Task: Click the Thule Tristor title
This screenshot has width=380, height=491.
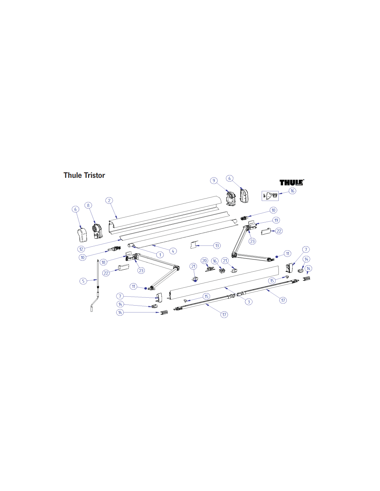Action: (x=84, y=175)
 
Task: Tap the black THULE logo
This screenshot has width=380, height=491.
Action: (x=292, y=182)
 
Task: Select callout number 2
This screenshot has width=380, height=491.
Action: (x=109, y=200)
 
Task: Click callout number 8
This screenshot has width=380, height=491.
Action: (x=88, y=205)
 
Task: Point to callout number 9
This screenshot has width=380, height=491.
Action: (x=213, y=181)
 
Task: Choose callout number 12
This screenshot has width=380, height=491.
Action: (x=81, y=249)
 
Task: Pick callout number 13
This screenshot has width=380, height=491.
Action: (x=217, y=246)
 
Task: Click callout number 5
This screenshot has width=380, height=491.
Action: (x=83, y=281)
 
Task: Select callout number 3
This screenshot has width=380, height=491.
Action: (x=249, y=301)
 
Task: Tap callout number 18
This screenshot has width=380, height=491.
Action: (x=104, y=262)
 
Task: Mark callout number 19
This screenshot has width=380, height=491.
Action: (x=276, y=220)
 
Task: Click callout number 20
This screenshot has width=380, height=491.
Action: (x=205, y=261)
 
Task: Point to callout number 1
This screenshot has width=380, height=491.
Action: (x=160, y=255)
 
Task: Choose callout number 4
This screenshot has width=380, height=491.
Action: (x=173, y=251)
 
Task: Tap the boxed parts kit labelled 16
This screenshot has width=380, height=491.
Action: (x=270, y=196)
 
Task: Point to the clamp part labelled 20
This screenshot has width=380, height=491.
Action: (x=210, y=269)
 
